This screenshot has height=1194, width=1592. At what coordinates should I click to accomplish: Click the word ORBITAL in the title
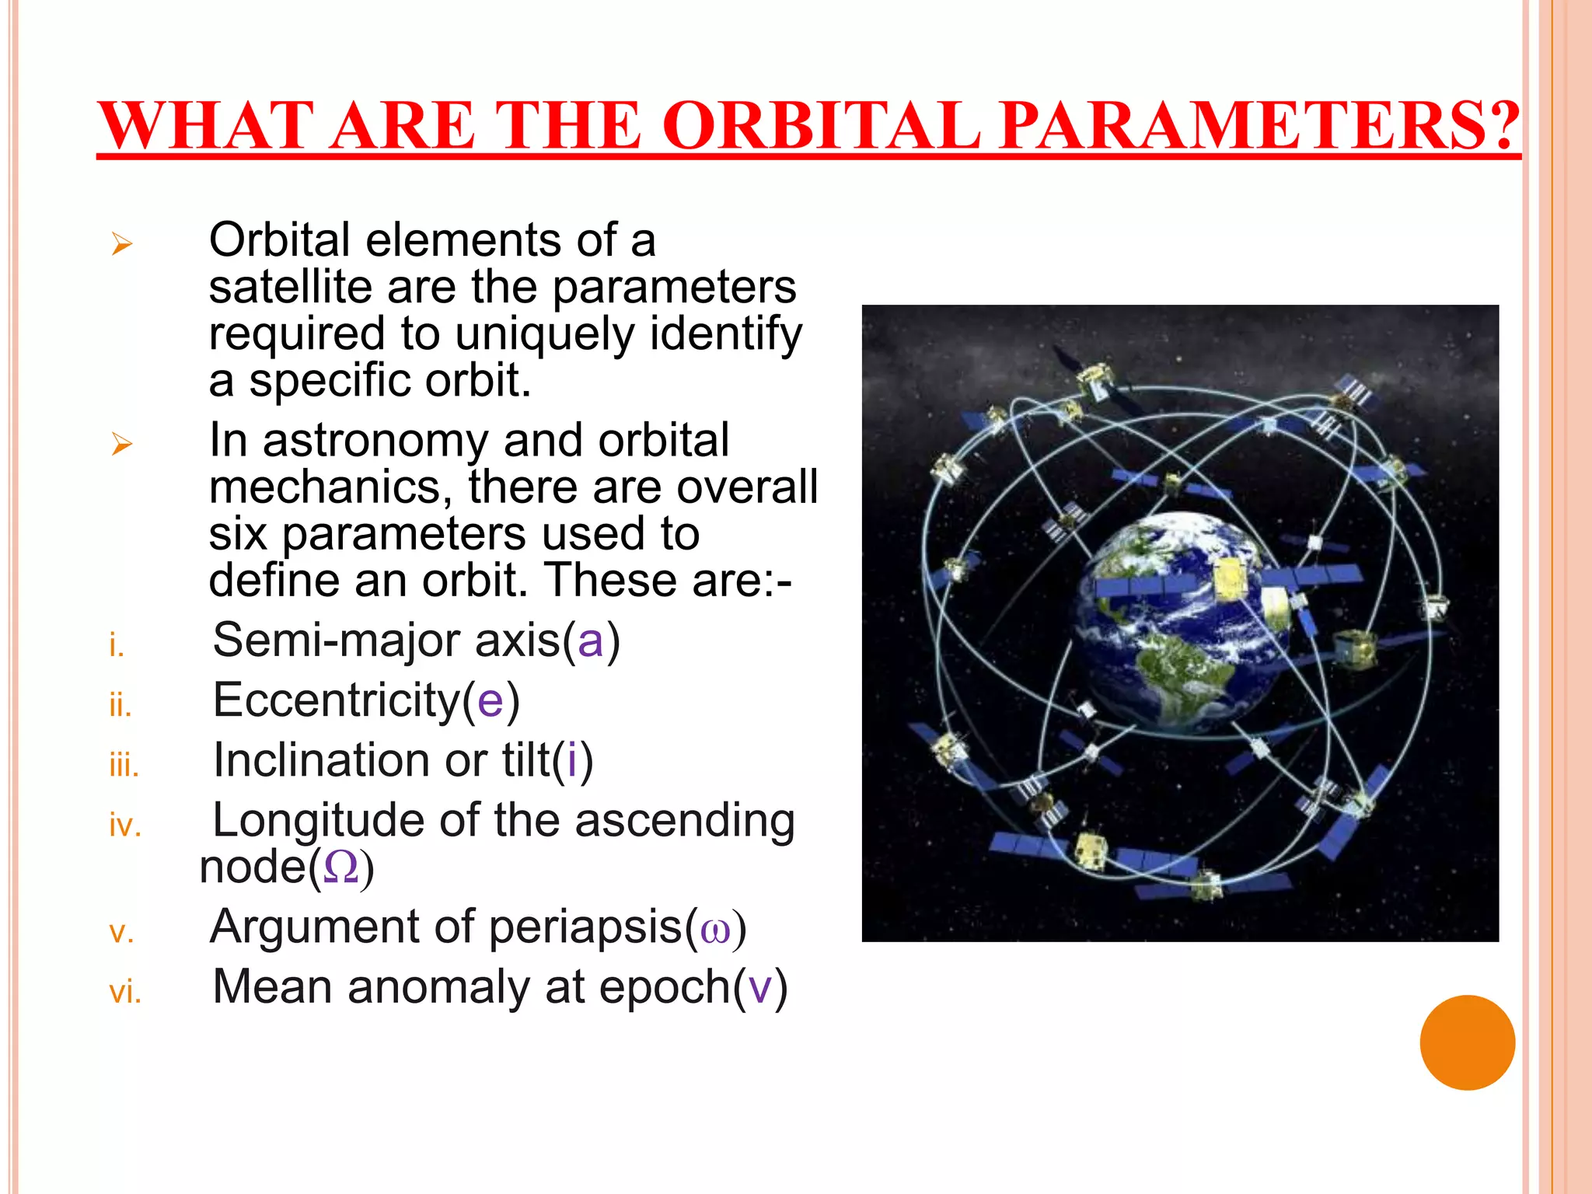(822, 126)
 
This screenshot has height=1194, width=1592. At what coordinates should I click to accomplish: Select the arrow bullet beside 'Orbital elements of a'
(121, 244)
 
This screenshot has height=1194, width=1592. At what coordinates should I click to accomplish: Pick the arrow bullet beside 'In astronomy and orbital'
(121, 445)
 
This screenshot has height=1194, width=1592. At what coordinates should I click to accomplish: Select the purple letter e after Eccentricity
(491, 700)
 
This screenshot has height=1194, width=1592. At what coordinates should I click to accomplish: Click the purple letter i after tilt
(572, 759)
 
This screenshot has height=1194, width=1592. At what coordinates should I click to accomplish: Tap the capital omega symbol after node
(340, 868)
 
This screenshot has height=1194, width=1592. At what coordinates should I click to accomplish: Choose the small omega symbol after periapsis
(715, 930)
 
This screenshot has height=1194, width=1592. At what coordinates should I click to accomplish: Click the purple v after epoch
(759, 988)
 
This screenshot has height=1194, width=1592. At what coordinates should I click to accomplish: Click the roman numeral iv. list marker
(125, 826)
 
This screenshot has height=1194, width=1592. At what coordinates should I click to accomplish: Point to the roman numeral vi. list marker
(125, 993)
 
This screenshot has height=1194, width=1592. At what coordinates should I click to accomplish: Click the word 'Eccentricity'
(337, 700)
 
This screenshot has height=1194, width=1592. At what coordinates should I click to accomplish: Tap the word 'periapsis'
(585, 927)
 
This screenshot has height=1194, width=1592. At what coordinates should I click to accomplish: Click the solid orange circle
(1467, 1042)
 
